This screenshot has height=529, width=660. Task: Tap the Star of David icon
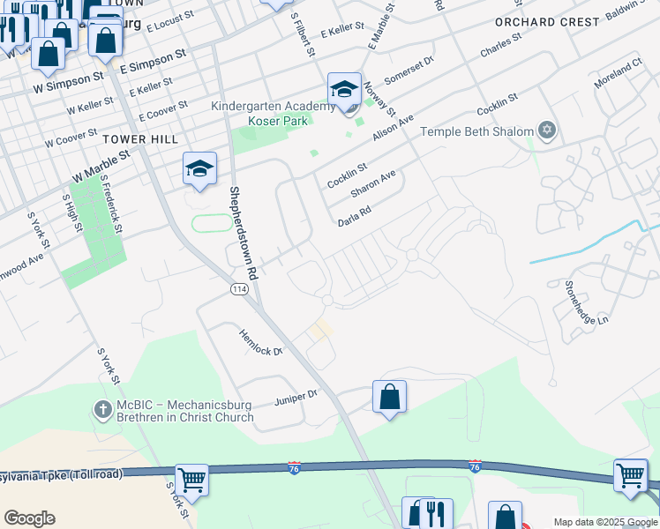547,131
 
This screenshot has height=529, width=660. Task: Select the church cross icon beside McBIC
102,409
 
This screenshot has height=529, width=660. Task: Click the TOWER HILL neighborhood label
140,139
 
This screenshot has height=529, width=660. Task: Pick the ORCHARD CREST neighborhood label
548,21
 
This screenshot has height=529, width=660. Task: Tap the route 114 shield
239,289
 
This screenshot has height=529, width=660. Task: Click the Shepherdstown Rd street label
243,234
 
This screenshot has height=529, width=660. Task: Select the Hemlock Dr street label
260,341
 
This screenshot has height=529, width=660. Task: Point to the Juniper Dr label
295,396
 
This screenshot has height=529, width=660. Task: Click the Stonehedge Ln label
589,302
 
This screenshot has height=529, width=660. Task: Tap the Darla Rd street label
355,217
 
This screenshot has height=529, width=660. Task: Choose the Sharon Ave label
372,184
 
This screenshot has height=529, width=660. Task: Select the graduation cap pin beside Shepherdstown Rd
199,168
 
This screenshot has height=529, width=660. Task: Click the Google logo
29,518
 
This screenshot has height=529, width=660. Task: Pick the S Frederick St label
111,204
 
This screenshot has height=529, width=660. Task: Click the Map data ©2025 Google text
604,522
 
